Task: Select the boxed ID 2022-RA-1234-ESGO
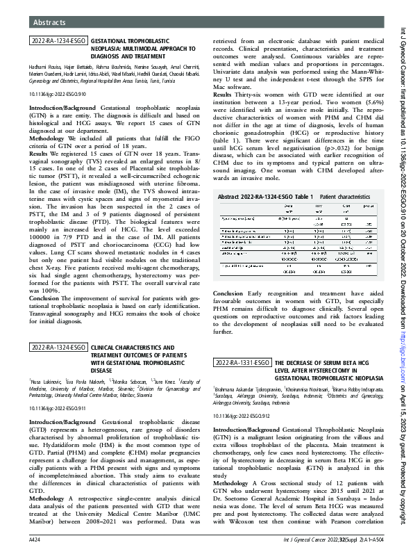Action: pyautogui.click(x=58, y=42)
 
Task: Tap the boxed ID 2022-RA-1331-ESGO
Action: pyautogui.click(x=242, y=363)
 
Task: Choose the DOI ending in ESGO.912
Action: pyautogui.click(x=241, y=414)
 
